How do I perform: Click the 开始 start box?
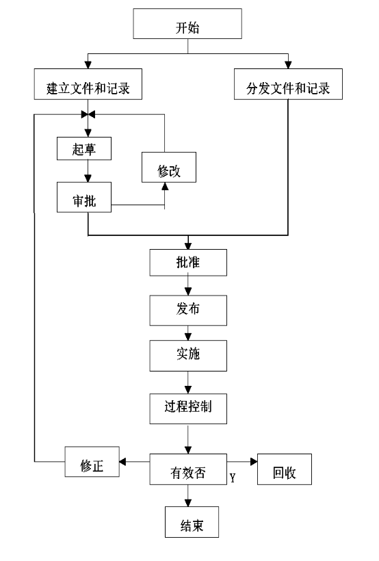(x=187, y=24)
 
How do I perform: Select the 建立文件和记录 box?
(x=88, y=84)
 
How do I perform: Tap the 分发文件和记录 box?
(x=288, y=84)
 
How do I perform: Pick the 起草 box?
(x=84, y=148)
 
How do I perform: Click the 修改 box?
(x=169, y=167)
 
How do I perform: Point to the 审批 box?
(x=84, y=197)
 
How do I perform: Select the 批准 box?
(x=188, y=263)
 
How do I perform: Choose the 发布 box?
(x=188, y=310)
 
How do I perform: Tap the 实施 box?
(x=188, y=356)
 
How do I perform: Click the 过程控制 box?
(x=188, y=409)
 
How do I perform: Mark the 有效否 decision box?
(x=188, y=469)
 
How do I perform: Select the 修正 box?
(x=92, y=462)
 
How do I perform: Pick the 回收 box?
(x=285, y=469)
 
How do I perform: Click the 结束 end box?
(x=192, y=522)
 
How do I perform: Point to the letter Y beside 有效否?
(x=233, y=478)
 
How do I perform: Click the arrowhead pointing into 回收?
(x=254, y=462)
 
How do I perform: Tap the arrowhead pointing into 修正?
(x=122, y=462)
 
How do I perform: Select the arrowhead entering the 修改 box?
(x=165, y=186)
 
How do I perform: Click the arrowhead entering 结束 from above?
(x=188, y=503)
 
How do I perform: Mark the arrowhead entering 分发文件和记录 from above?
(x=288, y=65)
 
